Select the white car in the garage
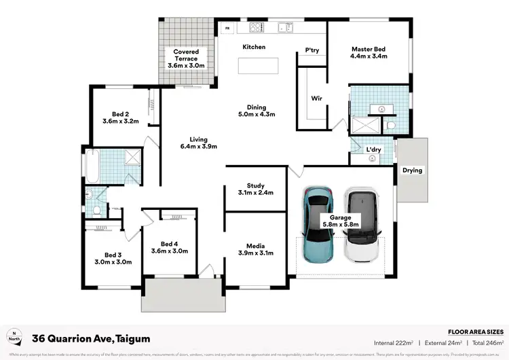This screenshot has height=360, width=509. (x=362, y=225)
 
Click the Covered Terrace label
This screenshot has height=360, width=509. (x=186, y=55)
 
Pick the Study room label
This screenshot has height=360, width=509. (x=256, y=189)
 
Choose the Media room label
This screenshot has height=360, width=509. (x=256, y=250)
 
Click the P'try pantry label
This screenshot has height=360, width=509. (x=312, y=50)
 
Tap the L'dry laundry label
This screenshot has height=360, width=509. (x=373, y=149)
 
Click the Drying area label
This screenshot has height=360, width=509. (x=412, y=170)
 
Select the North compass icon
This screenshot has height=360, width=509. (x=14, y=338)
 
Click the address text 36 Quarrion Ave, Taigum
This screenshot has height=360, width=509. (x=91, y=338)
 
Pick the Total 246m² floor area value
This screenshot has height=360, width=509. (x=491, y=344)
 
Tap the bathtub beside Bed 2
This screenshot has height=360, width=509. (x=93, y=166)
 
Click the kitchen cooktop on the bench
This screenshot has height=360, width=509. (x=257, y=28)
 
